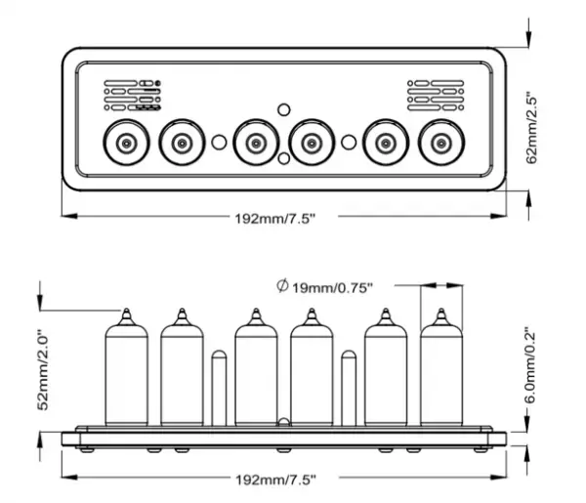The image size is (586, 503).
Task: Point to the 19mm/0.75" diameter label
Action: (x=332, y=287)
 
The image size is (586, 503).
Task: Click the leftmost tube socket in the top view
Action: (x=125, y=144)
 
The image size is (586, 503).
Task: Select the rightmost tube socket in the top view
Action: (x=441, y=144)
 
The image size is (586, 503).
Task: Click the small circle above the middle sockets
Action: (x=283, y=108)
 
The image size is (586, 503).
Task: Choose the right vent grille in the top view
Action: (x=434, y=95)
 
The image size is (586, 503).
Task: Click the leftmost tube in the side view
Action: (x=125, y=376)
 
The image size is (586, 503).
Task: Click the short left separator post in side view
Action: (x=219, y=388)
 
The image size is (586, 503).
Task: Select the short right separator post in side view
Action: (x=348, y=388)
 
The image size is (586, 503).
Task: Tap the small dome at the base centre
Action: (x=283, y=423)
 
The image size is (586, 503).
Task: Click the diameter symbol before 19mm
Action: (x=282, y=286)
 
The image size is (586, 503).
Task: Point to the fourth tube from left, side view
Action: (x=311, y=376)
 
